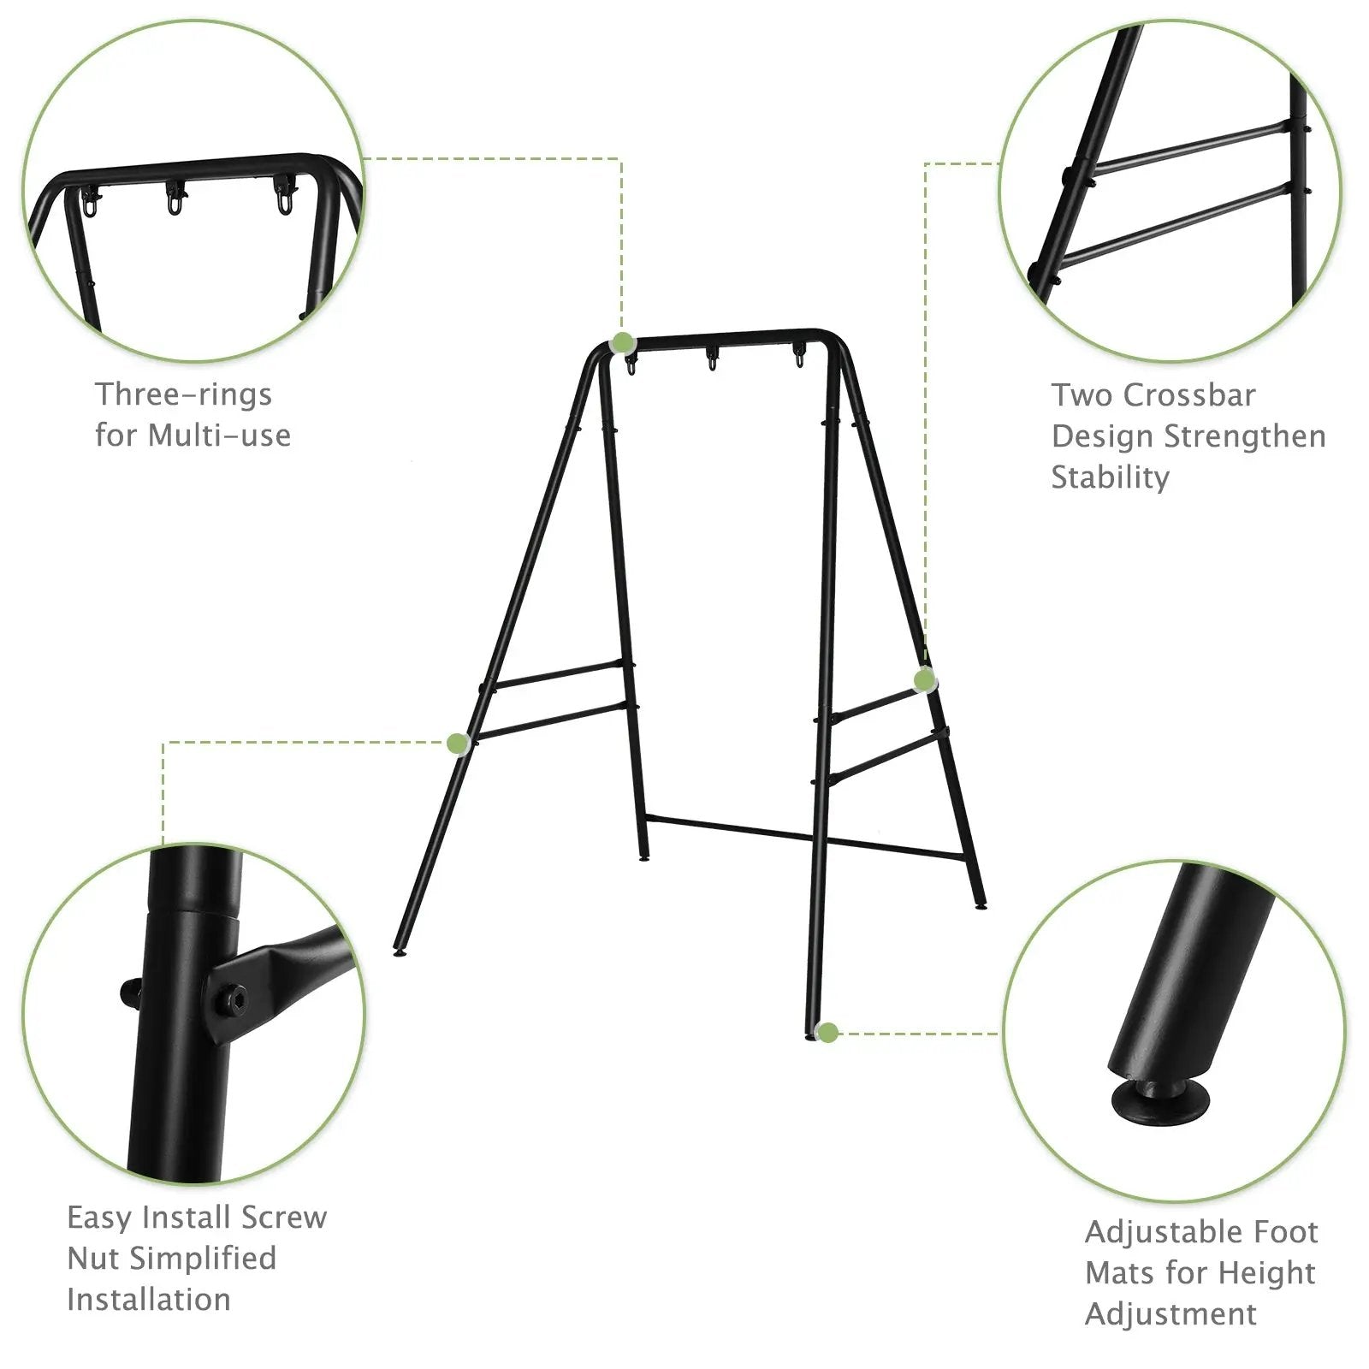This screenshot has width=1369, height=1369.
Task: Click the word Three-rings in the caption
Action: tap(183, 394)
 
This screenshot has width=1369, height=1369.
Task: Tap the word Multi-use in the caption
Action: tap(219, 436)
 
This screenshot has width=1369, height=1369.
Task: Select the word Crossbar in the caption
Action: tap(1189, 395)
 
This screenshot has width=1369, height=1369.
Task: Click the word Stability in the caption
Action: tap(1110, 477)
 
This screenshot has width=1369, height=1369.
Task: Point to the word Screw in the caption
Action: tap(284, 1217)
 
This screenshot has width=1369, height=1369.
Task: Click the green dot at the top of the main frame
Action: tap(623, 343)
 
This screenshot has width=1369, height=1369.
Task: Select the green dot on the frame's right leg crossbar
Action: tap(924, 680)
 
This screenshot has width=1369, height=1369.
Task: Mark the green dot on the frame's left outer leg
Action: tap(459, 743)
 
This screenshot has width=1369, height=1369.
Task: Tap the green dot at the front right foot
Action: tap(827, 1032)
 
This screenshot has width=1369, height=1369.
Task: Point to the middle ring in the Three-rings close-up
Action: tap(175, 202)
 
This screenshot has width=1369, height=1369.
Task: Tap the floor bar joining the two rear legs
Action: tap(804, 837)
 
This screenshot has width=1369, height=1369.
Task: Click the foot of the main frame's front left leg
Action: tap(399, 951)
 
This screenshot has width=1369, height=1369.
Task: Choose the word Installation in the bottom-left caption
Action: tap(149, 1299)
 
